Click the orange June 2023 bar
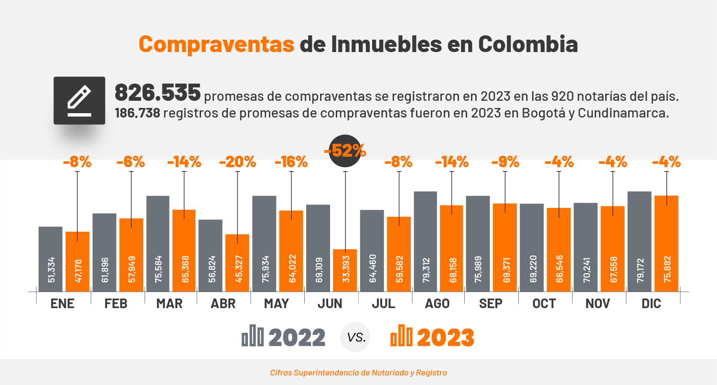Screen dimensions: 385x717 pyautogui.click(x=345, y=270)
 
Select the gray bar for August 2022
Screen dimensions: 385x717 pyautogui.click(x=425, y=241)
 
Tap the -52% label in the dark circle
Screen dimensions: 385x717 pyautogui.click(x=345, y=151)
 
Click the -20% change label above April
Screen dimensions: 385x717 pyautogui.click(x=237, y=162)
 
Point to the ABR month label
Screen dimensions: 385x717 pyautogui.click(x=223, y=304)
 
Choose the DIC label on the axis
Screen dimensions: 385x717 pyautogui.click(x=652, y=304)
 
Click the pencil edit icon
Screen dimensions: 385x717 pyautogui.click(x=79, y=100)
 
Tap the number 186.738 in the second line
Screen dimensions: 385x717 pyautogui.click(x=137, y=114)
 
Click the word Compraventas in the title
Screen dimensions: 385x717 pyautogui.click(x=216, y=44)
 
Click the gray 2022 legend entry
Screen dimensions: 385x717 pyautogui.click(x=284, y=337)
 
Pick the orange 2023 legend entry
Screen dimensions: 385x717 pyautogui.click(x=432, y=337)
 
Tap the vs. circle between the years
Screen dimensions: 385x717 pyautogui.click(x=356, y=337)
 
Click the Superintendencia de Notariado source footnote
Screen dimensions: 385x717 pyautogui.click(x=358, y=373)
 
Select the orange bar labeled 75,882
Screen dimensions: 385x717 pyautogui.click(x=666, y=244)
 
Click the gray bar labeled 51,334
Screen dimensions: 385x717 pyautogui.click(x=51, y=259)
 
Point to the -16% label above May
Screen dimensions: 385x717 pyautogui.click(x=291, y=162)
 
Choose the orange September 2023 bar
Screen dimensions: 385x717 pyautogui.click(x=505, y=247)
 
